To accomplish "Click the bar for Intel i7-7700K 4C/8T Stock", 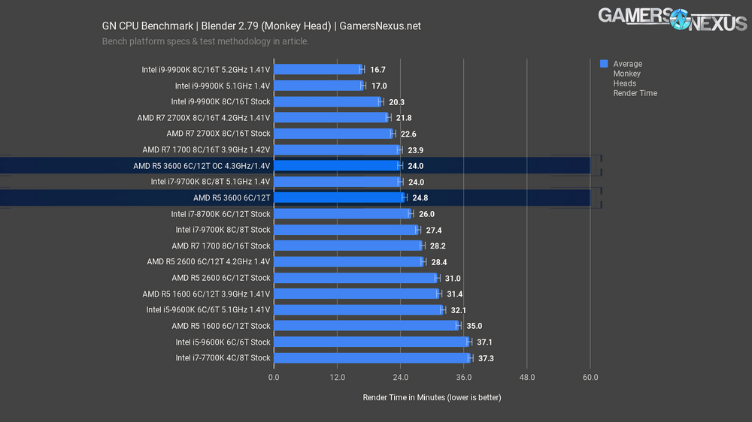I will click(371, 358).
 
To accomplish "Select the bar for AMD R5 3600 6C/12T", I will click(339, 197).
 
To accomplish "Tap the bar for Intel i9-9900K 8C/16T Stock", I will click(326, 101).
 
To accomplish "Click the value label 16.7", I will click(378, 70).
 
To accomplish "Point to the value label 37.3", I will click(487, 358).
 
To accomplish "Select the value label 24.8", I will click(420, 197).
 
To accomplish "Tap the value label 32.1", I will click(459, 309).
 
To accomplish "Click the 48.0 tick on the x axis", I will click(526, 378).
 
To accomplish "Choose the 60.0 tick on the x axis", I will click(590, 378).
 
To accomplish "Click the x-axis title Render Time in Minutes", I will click(432, 397).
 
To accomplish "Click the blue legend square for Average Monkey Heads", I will click(604, 64).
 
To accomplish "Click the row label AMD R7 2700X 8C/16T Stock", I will click(218, 134).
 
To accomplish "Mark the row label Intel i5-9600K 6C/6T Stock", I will click(223, 342).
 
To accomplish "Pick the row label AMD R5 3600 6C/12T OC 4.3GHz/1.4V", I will click(202, 165).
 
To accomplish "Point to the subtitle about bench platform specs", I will click(205, 41).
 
